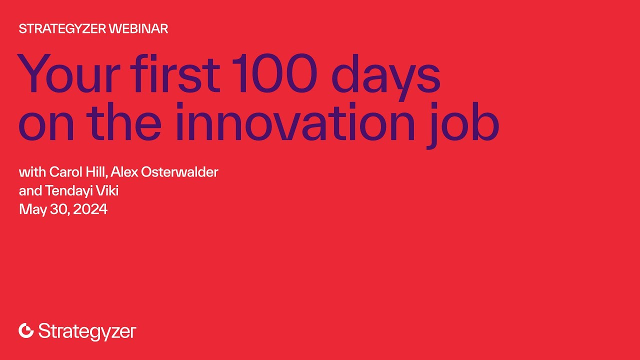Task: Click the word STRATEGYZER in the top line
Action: pyautogui.click(x=62, y=29)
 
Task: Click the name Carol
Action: pyautogui.click(x=66, y=172)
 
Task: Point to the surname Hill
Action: pyautogui.click(x=96, y=172)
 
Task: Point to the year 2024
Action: pyautogui.click(x=90, y=209)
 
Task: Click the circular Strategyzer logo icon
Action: pyautogui.click(x=26, y=330)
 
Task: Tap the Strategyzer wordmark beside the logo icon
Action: pyautogui.click(x=87, y=331)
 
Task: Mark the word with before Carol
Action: pyautogui.click(x=32, y=172)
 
